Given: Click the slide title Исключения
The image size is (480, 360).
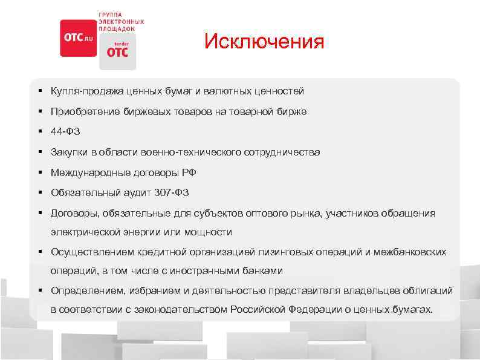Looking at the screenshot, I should point(264,42).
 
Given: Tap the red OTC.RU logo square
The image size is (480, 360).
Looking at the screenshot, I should point(78,38).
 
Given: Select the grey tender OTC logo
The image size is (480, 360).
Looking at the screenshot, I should point(117,51).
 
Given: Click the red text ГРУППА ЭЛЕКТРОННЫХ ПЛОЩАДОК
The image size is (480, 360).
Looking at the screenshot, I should point(121,21).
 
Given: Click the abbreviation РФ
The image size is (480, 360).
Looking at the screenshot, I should point(189,173).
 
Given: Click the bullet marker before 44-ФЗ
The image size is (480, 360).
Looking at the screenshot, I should point(39,132).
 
